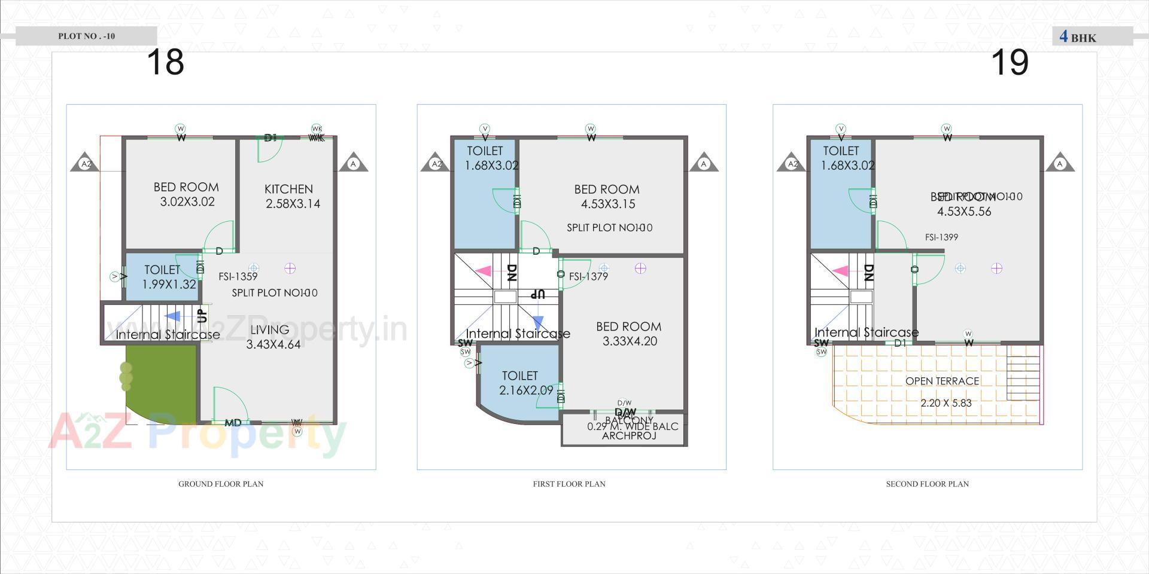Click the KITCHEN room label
tap(289, 190)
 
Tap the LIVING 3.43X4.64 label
tap(273, 337)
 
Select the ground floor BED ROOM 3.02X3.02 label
tap(186, 194)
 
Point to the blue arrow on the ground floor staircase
tap(172, 316)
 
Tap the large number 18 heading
tap(165, 62)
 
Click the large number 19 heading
tap(1010, 62)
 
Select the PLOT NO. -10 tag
tap(86, 36)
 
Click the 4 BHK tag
tap(1078, 37)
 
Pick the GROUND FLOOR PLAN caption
tap(221, 484)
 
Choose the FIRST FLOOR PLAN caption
tap(569, 484)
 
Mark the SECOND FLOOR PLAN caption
tap(927, 484)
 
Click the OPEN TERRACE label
tap(942, 381)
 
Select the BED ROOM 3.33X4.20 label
tap(629, 334)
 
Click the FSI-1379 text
tap(588, 276)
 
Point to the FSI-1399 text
tap(941, 237)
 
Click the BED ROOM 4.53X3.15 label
tap(607, 196)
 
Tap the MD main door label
tap(233, 423)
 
